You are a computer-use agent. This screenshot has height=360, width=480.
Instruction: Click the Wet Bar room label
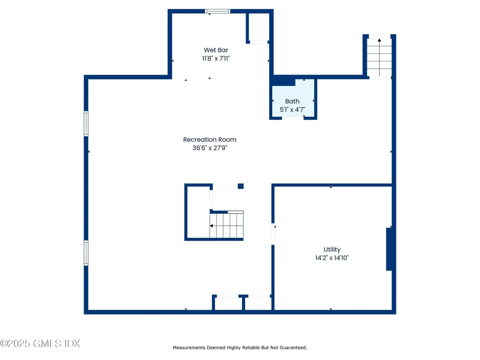click(x=216, y=50)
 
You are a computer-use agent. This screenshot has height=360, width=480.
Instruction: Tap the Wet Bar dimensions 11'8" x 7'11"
click(x=216, y=58)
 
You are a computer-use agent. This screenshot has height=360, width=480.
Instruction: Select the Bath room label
click(x=292, y=101)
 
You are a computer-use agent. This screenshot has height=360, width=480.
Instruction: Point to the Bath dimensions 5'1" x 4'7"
click(x=292, y=109)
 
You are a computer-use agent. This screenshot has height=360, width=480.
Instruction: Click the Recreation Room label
click(x=210, y=140)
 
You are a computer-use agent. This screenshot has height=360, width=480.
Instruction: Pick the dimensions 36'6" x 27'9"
click(x=210, y=148)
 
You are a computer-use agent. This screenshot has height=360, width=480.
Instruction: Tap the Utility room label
click(x=332, y=249)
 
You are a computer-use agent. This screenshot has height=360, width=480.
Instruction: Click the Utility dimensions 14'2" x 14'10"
click(x=332, y=258)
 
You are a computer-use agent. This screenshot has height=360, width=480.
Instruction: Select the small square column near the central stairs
click(x=240, y=186)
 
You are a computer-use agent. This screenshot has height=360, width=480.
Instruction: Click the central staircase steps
click(x=226, y=225)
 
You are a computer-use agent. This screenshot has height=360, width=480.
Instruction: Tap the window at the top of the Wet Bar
click(x=217, y=11)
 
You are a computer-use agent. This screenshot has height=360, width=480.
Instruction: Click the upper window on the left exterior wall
click(x=86, y=124)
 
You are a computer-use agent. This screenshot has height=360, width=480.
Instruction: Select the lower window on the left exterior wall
click(x=86, y=253)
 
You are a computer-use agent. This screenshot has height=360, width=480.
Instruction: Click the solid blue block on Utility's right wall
click(x=389, y=249)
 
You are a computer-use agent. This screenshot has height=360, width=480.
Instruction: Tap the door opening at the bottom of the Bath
click(x=292, y=118)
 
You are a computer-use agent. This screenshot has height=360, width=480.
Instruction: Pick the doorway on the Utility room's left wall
click(x=273, y=234)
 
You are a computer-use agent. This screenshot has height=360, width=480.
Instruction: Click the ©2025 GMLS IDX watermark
click(x=40, y=344)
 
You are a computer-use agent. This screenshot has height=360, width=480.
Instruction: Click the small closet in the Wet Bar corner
click(x=259, y=27)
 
